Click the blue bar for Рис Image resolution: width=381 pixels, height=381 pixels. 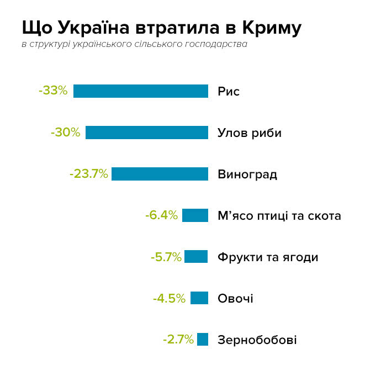[x=141, y=91]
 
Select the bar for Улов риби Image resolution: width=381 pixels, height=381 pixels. [x=147, y=133]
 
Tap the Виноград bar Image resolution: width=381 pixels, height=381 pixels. [x=160, y=174]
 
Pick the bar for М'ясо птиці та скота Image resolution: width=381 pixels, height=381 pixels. [x=195, y=215]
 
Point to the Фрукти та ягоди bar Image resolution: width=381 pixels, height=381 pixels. [x=196, y=257]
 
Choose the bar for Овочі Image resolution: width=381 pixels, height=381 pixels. [x=199, y=298]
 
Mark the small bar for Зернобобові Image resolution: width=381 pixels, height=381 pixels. [x=203, y=340]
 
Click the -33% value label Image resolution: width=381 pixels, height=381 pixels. [x=53, y=91]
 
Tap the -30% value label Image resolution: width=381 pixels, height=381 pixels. [x=65, y=133]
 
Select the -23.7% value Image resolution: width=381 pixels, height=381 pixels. [x=88, y=174]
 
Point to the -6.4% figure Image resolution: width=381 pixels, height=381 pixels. [x=161, y=215]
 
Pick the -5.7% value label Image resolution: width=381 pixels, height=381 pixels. [x=166, y=257]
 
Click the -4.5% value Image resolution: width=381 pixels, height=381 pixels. [x=169, y=299]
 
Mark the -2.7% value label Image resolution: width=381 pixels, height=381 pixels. [x=178, y=340]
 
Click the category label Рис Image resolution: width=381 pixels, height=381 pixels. [x=229, y=92]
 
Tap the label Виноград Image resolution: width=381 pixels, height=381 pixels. [x=247, y=174]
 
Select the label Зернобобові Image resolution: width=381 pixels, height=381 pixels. [x=257, y=340]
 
